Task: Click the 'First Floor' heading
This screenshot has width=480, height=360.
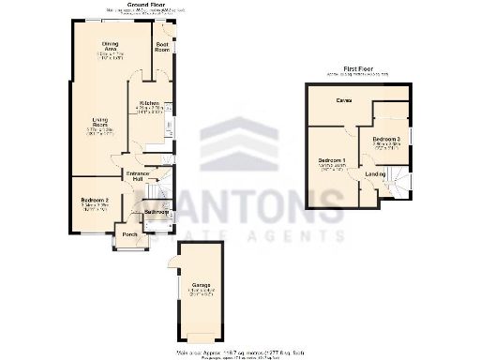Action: (356, 69)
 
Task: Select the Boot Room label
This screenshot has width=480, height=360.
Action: (162, 47)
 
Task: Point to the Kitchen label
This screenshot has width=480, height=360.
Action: (149, 102)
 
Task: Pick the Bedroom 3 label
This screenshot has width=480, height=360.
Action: (385, 139)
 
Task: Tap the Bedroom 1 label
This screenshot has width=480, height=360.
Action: (331, 161)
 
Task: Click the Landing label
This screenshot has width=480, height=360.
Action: (375, 174)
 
